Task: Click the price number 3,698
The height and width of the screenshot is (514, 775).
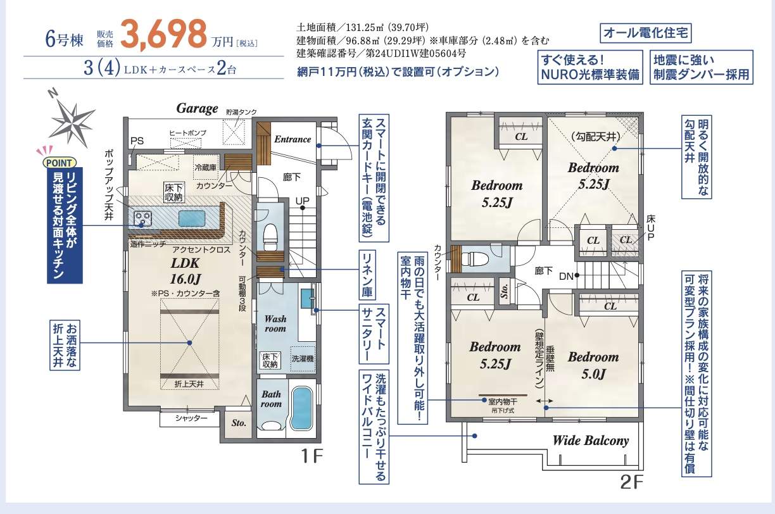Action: (x=163, y=34)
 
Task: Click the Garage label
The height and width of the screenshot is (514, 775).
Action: (x=197, y=108)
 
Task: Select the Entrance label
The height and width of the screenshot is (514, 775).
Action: (x=293, y=139)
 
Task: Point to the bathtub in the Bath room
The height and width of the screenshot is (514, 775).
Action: (x=301, y=408)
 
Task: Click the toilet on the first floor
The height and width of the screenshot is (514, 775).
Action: (x=270, y=237)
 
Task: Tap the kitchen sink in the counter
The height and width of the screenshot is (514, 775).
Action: (x=192, y=218)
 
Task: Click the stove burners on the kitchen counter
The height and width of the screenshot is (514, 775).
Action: (x=143, y=218)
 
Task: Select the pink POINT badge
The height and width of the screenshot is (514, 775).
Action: (x=59, y=163)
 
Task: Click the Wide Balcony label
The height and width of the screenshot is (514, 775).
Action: (x=591, y=441)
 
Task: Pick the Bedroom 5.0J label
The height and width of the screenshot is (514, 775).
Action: (x=593, y=365)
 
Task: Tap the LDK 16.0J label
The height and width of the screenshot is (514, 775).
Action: (x=186, y=271)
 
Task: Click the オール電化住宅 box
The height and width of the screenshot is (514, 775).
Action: (x=646, y=33)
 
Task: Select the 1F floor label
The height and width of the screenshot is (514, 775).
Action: (x=312, y=456)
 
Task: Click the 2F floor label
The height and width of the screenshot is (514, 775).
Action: (x=631, y=482)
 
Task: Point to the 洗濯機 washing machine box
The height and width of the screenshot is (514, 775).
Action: (x=303, y=359)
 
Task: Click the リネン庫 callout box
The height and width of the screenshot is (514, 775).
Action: (x=367, y=275)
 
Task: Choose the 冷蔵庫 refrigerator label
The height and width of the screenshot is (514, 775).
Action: (x=206, y=167)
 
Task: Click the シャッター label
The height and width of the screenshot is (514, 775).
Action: (x=191, y=418)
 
